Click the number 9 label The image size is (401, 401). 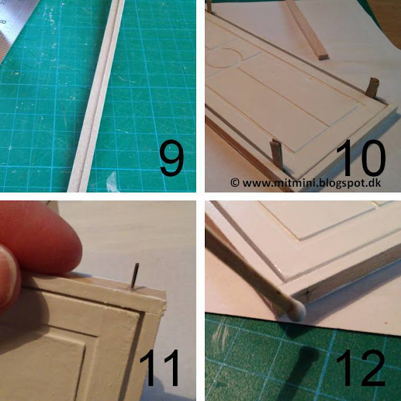pyautogui.click(x=172, y=161)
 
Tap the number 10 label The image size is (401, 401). pyautogui.click(x=361, y=158)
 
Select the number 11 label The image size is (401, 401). pyautogui.click(x=159, y=368)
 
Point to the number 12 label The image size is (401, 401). pyautogui.click(x=361, y=368)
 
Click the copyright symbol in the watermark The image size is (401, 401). pyautogui.click(x=235, y=182)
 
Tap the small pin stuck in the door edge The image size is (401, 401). pyautogui.click(x=135, y=277)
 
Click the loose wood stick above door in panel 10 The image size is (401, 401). pyautogui.click(x=307, y=29)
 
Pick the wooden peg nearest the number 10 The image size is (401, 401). pyautogui.click(x=372, y=88)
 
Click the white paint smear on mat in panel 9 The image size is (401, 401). pyautogui.click(x=112, y=181)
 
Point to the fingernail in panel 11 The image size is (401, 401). pyautogui.click(x=8, y=276)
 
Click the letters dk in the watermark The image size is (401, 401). pyautogui.click(x=375, y=182)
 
